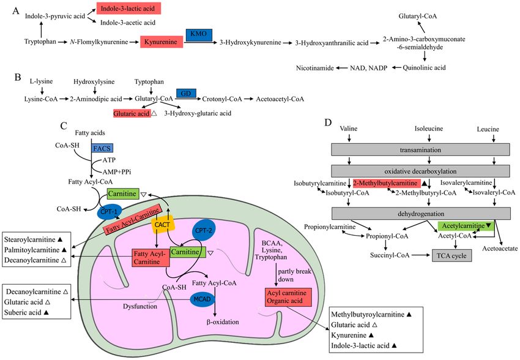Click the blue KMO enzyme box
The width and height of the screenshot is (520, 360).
point(199,34)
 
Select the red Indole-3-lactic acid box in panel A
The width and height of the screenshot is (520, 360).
point(128,9)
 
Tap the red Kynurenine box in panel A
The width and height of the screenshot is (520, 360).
point(162,42)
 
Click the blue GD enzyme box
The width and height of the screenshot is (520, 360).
point(186,93)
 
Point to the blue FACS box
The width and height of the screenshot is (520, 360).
point(102,148)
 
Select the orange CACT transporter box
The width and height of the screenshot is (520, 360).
point(162,225)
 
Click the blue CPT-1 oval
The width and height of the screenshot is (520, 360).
point(110,212)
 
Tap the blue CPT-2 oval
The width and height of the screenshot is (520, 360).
point(203,230)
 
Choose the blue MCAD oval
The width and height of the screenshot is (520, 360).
point(202,299)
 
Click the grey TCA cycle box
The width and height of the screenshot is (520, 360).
point(451,256)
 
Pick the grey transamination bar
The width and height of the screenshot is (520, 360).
point(420,149)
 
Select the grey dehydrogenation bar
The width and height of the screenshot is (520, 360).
point(421,214)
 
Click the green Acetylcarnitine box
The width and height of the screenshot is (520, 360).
point(466,226)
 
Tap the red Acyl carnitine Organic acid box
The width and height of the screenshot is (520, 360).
point(288,297)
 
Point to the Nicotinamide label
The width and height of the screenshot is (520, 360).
point(314,68)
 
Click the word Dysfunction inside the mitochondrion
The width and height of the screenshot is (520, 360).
point(140,306)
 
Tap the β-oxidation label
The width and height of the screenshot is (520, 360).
point(223,322)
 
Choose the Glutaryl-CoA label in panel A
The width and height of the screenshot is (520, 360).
point(417,17)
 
